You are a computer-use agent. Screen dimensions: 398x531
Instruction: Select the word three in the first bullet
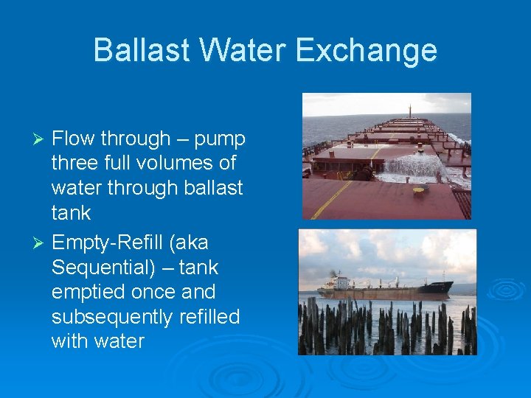[77, 163]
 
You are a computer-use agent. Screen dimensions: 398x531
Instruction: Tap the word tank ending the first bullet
[71, 213]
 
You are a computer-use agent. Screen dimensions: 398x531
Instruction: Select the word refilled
[204, 317]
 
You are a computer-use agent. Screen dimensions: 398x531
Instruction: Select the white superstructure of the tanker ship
[340, 282]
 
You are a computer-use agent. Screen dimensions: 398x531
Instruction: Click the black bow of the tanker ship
[442, 287]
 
